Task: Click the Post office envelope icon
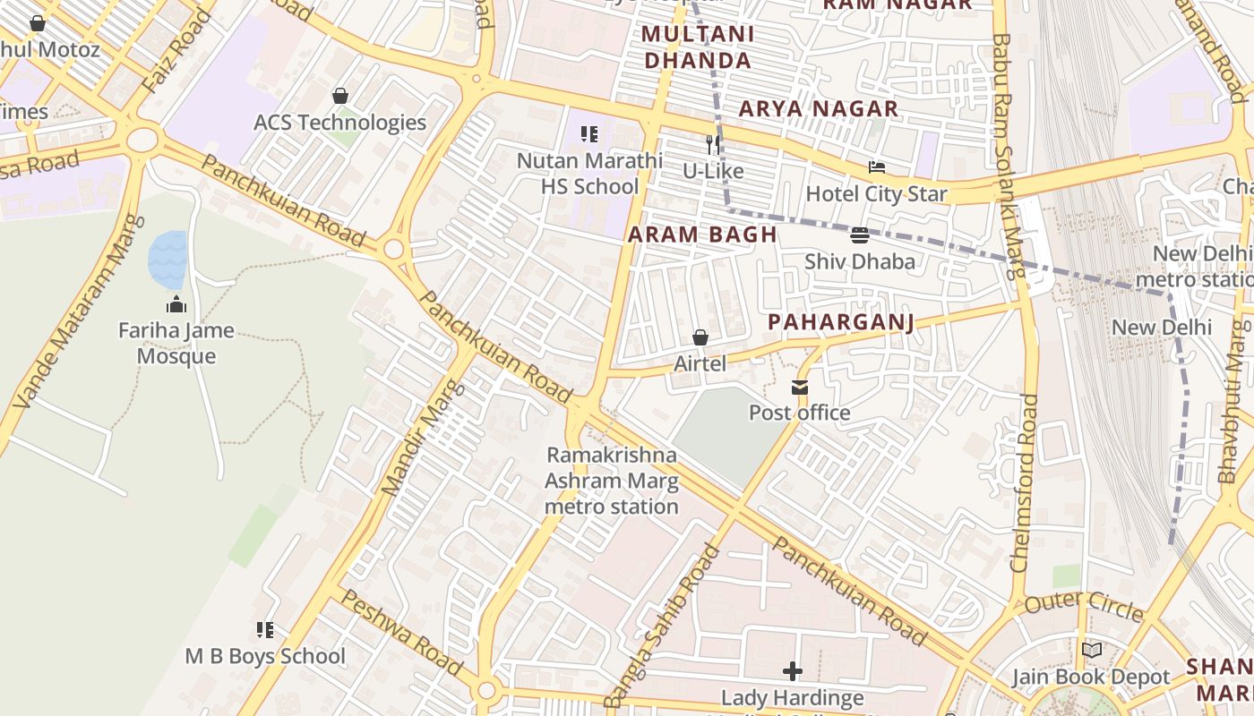[799, 388]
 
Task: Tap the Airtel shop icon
[700, 338]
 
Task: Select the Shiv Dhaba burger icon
[860, 235]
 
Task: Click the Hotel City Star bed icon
[877, 167]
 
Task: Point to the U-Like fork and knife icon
[713, 144]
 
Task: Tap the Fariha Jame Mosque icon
[176, 304]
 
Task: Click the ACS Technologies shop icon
[340, 96]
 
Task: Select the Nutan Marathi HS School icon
[589, 135]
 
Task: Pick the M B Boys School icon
[265, 630]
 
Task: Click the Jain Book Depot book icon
[1091, 651]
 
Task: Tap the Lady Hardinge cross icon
[793, 670]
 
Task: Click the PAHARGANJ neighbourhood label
[841, 322]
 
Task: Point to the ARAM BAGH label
[702, 235]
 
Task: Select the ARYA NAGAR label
[818, 109]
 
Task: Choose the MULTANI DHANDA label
[698, 47]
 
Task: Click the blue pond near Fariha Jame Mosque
[167, 259]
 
